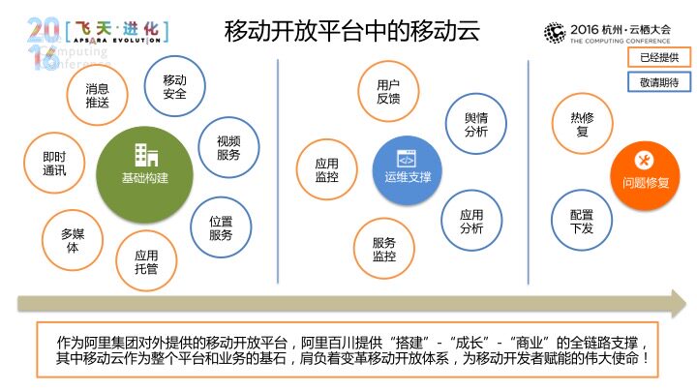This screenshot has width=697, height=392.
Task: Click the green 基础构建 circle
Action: [145, 174]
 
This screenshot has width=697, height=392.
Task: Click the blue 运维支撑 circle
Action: [408, 170]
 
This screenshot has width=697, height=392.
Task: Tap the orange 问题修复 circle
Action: [645, 175]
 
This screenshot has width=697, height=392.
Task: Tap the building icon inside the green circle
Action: [146, 155]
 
